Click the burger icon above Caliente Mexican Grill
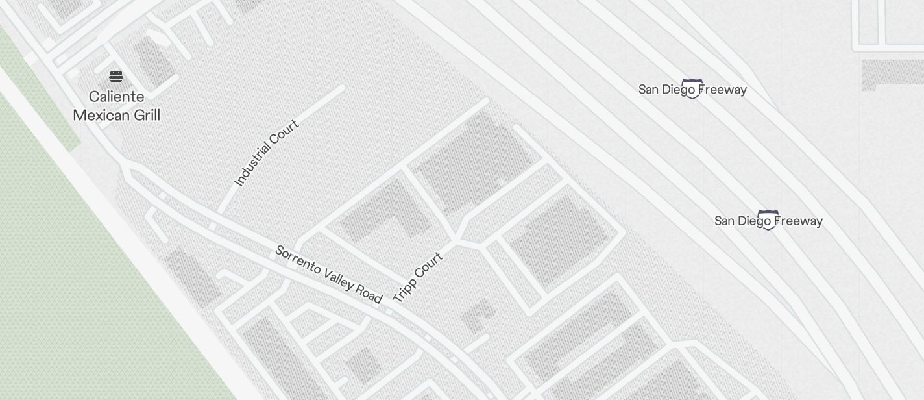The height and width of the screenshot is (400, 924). coord(116,77)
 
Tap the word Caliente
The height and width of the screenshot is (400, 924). coord(117,97)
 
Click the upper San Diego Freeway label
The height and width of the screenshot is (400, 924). coord(692,90)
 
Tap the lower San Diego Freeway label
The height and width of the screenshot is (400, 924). coord(768,221)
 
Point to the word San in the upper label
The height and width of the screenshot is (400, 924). coord(649,90)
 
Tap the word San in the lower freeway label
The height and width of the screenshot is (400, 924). coord(725,221)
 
